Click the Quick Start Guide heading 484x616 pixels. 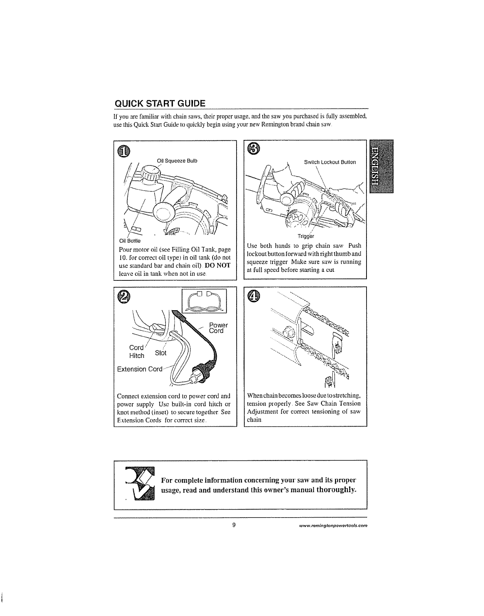pos(160,104)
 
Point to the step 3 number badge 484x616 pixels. pos(253,148)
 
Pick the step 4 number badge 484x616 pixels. pos(253,296)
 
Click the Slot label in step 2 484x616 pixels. pos(160,353)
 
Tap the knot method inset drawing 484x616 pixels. pos(205,301)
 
